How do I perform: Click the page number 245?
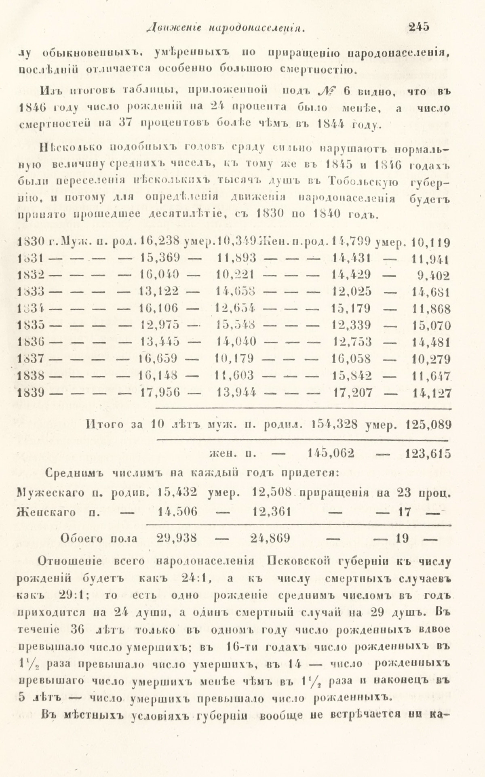(x=419, y=27)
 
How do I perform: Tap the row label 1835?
(x=31, y=325)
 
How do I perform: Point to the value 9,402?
(x=433, y=276)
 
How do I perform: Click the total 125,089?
(x=428, y=424)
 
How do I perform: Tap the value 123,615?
(x=428, y=453)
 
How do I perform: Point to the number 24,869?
(x=270, y=538)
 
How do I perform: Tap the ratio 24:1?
(x=192, y=578)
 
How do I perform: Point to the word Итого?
(x=104, y=424)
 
